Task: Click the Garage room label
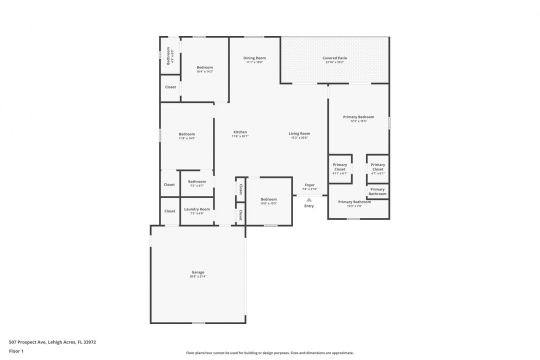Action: [x=198, y=272]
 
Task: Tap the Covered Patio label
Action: [x=334, y=58]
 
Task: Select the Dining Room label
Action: [x=254, y=58]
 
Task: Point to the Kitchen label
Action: [x=240, y=132]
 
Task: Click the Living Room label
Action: [x=299, y=133]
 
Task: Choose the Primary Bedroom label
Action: [x=358, y=117]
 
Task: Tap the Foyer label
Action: [x=310, y=185]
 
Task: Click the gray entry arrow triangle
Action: [x=309, y=200]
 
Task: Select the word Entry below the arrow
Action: [x=309, y=206]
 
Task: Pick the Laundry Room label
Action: [x=197, y=209]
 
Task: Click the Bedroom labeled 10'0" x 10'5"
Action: [x=268, y=199]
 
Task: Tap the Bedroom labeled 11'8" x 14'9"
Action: [x=187, y=134]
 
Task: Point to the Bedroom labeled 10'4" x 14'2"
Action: [x=204, y=67]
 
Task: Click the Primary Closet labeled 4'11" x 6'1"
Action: [x=340, y=167]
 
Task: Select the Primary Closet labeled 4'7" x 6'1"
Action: [x=378, y=167]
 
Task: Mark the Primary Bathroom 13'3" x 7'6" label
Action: [x=354, y=202]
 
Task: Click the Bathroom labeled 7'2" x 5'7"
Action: [x=197, y=181]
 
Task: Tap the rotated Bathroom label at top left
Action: [x=168, y=56]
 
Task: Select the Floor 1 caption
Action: [x=16, y=351]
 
